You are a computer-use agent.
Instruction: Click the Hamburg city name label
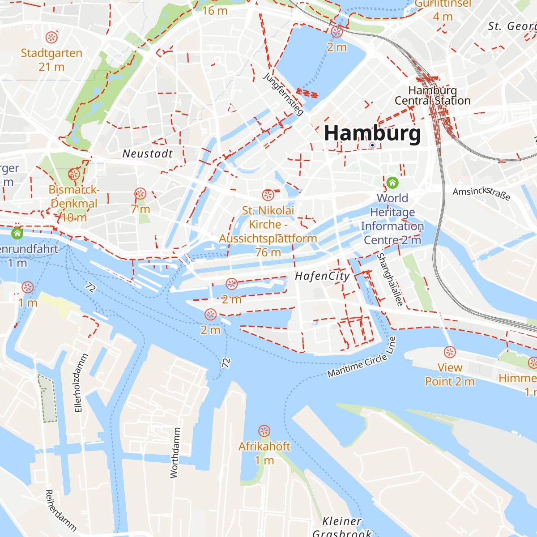point(372,133)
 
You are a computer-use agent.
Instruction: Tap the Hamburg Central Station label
point(432,96)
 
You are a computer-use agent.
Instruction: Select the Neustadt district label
point(148,153)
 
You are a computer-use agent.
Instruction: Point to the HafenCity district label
point(322,276)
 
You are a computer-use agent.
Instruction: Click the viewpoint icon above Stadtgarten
point(52,37)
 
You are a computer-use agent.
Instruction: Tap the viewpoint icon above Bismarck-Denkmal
point(74,174)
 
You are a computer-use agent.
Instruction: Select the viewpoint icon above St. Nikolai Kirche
point(268,195)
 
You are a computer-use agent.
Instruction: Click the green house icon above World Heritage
point(392,183)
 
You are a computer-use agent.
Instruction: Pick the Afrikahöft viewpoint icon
point(264,431)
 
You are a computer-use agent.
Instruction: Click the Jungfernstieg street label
point(283,94)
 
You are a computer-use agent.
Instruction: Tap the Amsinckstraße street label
point(481,193)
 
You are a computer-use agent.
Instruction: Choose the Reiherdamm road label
point(60,510)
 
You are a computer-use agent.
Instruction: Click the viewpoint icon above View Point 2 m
point(450,352)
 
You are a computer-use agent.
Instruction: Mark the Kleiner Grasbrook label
point(342,527)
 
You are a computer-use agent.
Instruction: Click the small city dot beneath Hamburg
point(372,145)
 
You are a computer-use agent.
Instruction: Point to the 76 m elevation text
point(268,252)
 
